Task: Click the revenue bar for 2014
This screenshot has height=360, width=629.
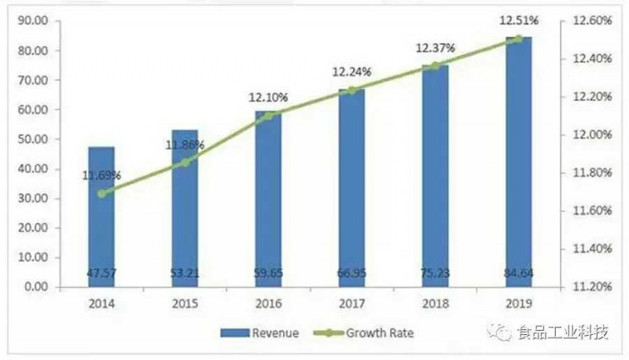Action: coord(101,216)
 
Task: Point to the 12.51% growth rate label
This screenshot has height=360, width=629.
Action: coord(517,23)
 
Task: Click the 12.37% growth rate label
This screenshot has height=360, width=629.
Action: coord(436,49)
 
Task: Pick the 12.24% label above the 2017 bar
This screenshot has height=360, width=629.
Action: coord(351,72)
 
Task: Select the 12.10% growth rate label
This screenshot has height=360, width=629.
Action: coord(268,98)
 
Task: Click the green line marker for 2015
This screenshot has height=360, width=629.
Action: coord(185,163)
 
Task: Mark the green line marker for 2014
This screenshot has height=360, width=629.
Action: coord(101,193)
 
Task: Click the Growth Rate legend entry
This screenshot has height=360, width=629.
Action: coord(370,333)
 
